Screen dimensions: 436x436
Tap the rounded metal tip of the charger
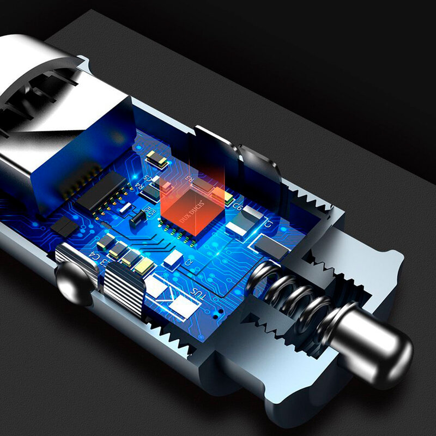pos(381,349)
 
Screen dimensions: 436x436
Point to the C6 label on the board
pos(238,207)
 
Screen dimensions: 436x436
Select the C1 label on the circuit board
pos(268,223)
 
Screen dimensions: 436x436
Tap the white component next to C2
pos(172,257)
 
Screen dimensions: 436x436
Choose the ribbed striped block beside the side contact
pos(123,283)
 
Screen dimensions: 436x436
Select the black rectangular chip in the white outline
pos(270,246)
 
